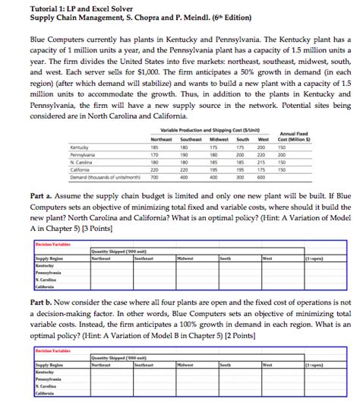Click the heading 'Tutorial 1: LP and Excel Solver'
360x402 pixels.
point(76,8)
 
